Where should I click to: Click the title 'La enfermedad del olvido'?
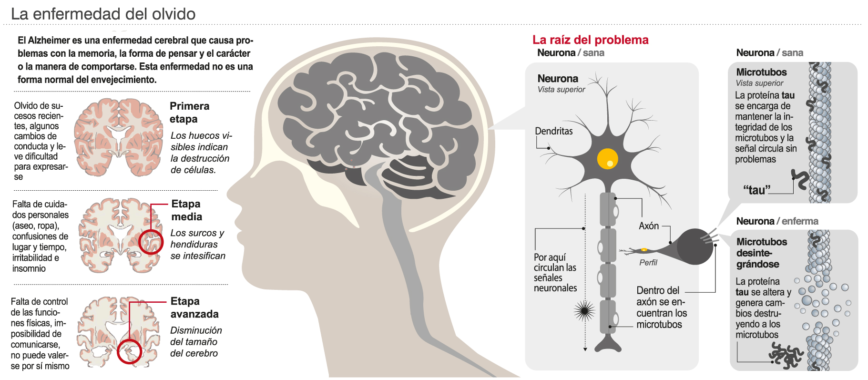103,14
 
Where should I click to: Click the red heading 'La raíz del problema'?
590,40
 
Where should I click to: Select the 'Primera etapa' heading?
189,113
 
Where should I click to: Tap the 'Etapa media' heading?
186,210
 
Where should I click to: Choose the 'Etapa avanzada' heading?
194,308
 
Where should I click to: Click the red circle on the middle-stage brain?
151,242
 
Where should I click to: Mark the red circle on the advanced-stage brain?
129,351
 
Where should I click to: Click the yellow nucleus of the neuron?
607,159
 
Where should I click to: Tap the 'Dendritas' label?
553,131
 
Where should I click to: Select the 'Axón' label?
648,226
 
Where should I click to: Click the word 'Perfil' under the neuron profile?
648,263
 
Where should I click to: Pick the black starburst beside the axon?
584,311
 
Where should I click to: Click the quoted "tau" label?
756,190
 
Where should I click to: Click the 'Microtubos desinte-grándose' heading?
761,253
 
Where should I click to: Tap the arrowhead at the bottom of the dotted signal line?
585,350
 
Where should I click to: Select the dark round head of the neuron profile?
695,246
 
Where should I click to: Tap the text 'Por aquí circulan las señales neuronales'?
555,273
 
